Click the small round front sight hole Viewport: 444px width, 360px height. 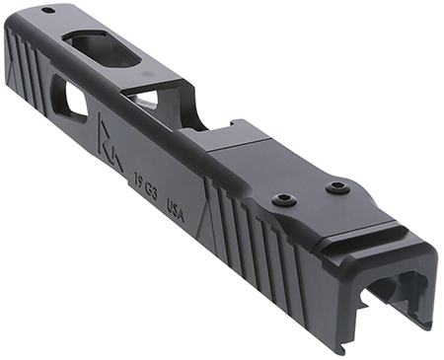[x=48, y=11]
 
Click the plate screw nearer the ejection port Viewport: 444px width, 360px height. [x=281, y=200]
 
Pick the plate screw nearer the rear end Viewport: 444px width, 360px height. [x=338, y=185]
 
